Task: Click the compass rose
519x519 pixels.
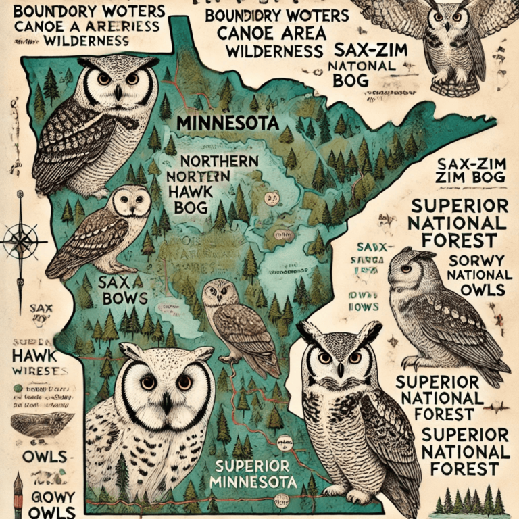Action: [x=18, y=238]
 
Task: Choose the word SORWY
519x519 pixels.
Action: [x=471, y=261]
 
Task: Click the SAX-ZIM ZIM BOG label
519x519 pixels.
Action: [x=466, y=170]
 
